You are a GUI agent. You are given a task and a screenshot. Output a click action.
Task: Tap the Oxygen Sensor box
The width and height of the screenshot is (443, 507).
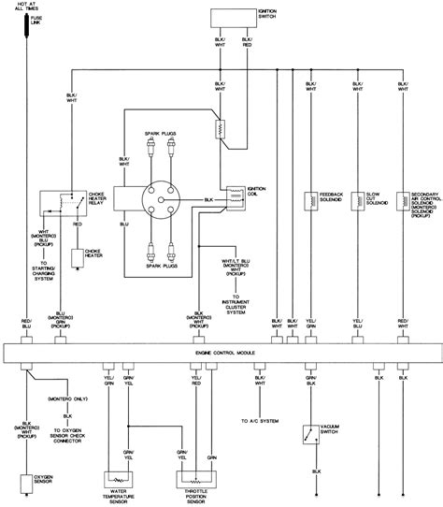point(21,479)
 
